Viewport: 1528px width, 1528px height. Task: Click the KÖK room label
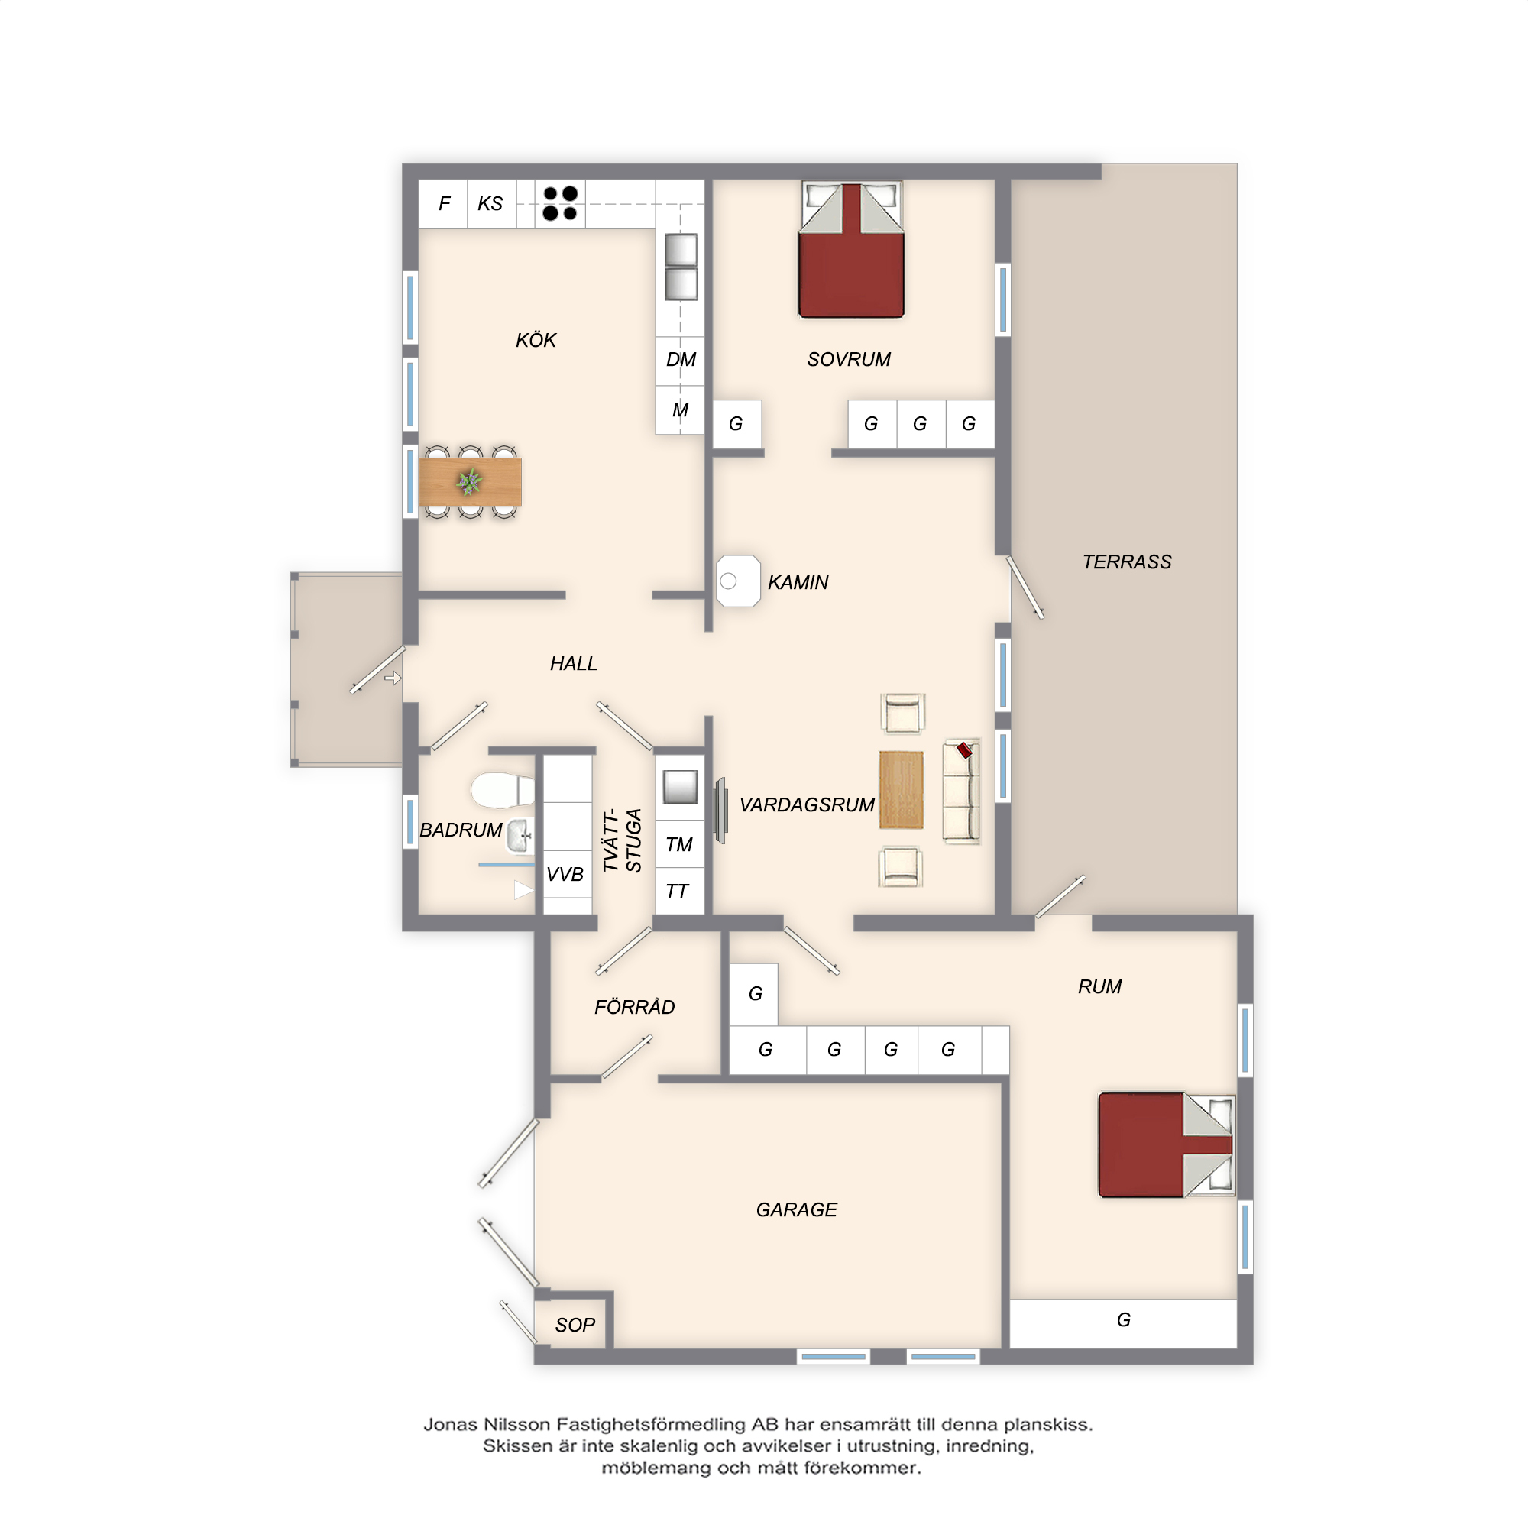click(536, 339)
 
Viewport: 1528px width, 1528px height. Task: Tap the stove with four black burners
click(560, 203)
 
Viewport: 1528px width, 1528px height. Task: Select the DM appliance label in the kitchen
click(680, 360)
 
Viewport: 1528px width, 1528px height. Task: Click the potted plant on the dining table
click(470, 481)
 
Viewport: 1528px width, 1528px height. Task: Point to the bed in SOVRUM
click(851, 250)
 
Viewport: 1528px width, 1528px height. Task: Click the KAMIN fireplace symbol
click(738, 581)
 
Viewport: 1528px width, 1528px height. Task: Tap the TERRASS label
click(1126, 562)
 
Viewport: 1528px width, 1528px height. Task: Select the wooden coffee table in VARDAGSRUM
click(901, 789)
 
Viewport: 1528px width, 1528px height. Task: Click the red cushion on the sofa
click(964, 749)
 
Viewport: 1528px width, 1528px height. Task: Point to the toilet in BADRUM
click(503, 789)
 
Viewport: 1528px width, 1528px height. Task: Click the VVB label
click(565, 874)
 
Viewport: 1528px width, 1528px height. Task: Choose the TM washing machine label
click(678, 844)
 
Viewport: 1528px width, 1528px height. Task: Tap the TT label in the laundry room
click(677, 892)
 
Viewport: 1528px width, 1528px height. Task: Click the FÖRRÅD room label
click(634, 1006)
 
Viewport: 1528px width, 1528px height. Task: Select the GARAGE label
click(796, 1209)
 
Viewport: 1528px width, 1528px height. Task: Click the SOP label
click(575, 1325)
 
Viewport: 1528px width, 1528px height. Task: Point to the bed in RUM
click(1167, 1144)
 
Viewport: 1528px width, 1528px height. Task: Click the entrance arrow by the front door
click(393, 678)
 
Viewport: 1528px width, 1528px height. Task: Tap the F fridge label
click(445, 203)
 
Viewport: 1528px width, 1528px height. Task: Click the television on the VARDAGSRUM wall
click(720, 810)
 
